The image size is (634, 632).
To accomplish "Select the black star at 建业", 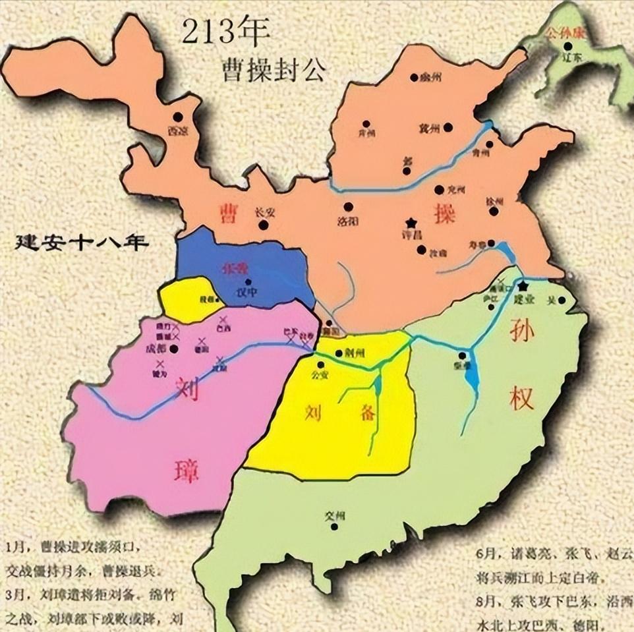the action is tap(523, 287).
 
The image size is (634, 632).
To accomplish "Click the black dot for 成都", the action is tap(174, 349).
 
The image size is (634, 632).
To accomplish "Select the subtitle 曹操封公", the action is tap(274, 69).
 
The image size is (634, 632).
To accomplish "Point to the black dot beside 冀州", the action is tap(448, 127).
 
